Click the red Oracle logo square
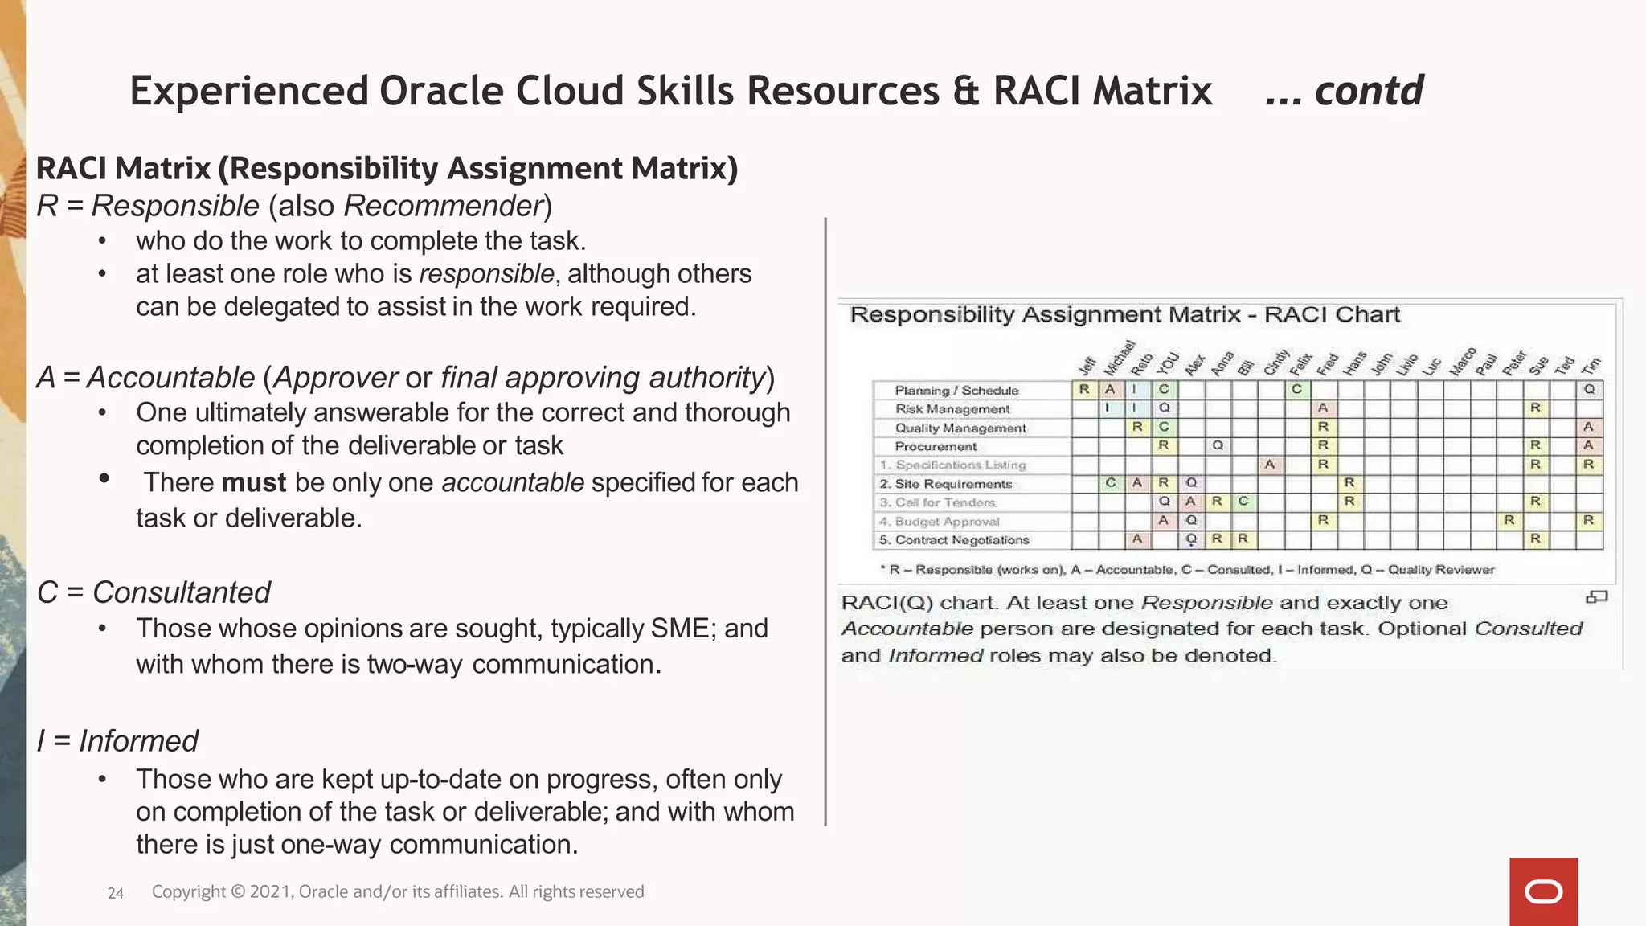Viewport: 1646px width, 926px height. [1543, 891]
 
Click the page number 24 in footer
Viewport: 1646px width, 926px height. [116, 893]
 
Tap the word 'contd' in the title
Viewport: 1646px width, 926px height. [1369, 90]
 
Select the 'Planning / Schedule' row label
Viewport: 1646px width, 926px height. [956, 391]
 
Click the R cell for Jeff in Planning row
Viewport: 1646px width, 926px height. [1084, 389]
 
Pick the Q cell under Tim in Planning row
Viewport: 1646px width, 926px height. [1589, 389]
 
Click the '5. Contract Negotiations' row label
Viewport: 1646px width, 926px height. [954, 540]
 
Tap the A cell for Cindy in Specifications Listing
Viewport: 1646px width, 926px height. [1269, 464]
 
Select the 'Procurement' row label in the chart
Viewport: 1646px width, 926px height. [936, 446]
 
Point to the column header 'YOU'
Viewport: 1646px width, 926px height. [1168, 363]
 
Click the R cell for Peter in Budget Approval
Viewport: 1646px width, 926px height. [1509, 520]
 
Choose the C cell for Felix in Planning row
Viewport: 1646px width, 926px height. [1296, 389]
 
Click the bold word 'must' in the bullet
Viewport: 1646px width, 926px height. [253, 482]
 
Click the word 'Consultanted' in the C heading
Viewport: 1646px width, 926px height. [182, 592]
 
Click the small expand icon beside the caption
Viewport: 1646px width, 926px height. [1596, 597]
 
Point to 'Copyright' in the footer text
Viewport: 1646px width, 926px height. [188, 891]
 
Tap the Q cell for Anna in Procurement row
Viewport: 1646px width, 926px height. [1218, 445]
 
